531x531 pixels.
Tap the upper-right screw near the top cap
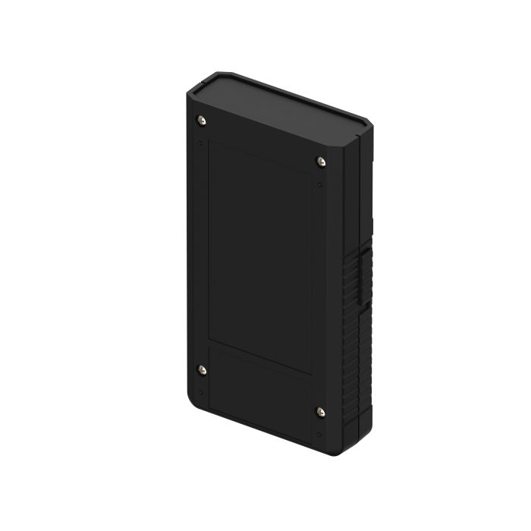pyautogui.click(x=320, y=160)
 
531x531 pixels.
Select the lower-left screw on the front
pyautogui.click(x=201, y=369)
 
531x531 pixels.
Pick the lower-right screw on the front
pyautogui.click(x=320, y=412)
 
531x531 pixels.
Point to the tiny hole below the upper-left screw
pyautogui.click(x=200, y=142)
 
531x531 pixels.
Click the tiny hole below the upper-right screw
pyautogui.click(x=320, y=184)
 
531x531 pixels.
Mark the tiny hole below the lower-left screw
pyautogui.click(x=200, y=393)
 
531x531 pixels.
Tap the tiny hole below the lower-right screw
pyautogui.click(x=320, y=435)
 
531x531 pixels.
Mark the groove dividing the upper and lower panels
pyautogui.click(x=260, y=357)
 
